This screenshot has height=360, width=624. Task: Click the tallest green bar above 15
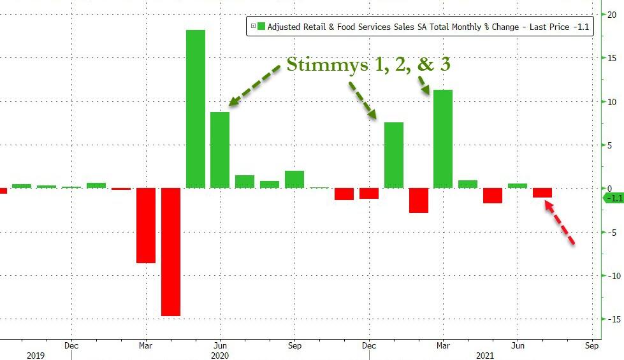click(195, 109)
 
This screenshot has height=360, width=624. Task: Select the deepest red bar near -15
click(170, 252)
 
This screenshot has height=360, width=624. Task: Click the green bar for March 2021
click(443, 139)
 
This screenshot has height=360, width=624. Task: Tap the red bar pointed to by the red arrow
click(542, 192)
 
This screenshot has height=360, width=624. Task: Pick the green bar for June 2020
click(220, 150)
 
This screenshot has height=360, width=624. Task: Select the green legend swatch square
click(261, 27)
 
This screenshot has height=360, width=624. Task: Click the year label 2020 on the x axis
click(219, 355)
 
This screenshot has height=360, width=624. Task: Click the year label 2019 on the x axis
click(36, 355)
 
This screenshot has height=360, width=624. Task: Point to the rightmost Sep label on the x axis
click(591, 345)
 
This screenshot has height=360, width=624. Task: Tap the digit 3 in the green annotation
click(444, 64)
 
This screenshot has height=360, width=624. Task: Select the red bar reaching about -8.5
click(145, 226)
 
